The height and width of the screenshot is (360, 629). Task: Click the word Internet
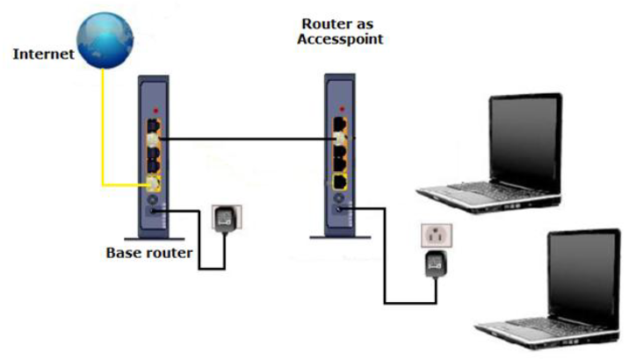pyautogui.click(x=41, y=54)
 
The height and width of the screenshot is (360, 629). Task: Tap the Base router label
pyautogui.click(x=148, y=253)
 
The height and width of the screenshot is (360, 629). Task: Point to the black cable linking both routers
pyautogui.click(x=246, y=139)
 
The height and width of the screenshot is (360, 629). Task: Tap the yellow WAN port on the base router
pyautogui.click(x=153, y=184)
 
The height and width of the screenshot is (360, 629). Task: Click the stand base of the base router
pyautogui.click(x=154, y=235)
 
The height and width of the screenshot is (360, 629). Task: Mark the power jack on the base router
pyautogui.click(x=153, y=209)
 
